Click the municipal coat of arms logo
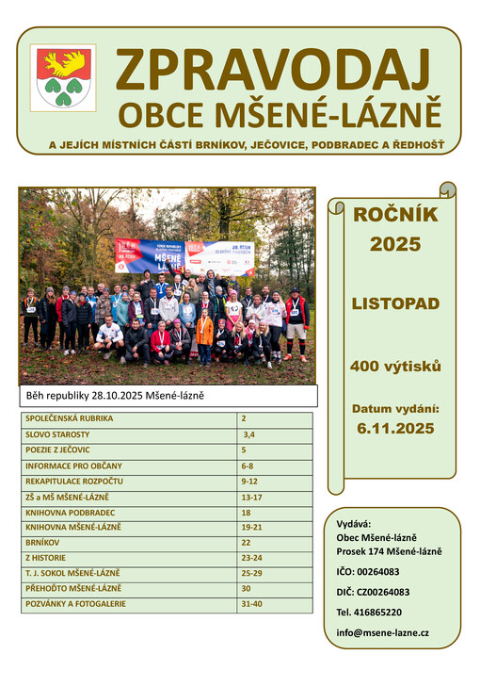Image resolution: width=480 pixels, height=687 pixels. click(65, 78)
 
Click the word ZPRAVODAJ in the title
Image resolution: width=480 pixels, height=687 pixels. click(273, 70)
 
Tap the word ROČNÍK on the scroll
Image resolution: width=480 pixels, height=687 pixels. click(395, 215)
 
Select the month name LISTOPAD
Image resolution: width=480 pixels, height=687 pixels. click(395, 304)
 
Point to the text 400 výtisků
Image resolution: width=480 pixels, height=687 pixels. click(395, 366)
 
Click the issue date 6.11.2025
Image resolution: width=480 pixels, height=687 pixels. click(395, 428)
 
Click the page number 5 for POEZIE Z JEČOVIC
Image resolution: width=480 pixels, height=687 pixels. click(245, 450)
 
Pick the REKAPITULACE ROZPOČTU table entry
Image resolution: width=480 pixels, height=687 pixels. click(74, 482)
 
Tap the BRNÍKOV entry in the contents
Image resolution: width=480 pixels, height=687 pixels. click(42, 542)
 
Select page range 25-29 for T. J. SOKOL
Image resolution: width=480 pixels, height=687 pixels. click(252, 573)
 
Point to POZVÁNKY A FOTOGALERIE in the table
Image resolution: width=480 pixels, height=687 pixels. click(75, 604)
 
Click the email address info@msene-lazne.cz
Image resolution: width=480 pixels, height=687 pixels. click(382, 632)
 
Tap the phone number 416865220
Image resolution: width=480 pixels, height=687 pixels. click(376, 612)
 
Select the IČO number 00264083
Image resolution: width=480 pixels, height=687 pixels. click(368, 571)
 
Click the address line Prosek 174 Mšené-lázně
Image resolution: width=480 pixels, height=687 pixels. click(389, 551)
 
